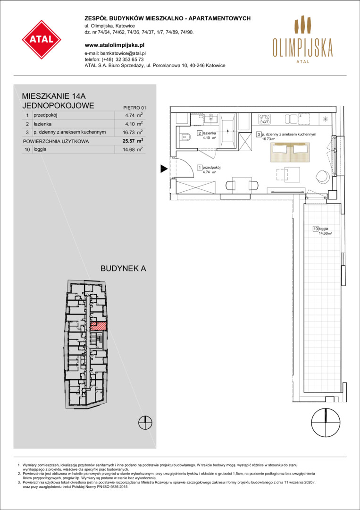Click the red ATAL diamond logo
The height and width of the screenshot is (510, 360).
point(42,39)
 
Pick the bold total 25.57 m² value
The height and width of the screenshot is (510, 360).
point(134,141)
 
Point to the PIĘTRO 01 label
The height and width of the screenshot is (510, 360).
point(133,107)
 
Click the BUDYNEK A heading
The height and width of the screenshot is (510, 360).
point(124,269)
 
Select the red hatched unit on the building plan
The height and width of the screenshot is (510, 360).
point(98,326)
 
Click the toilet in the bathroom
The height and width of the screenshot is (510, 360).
point(184,138)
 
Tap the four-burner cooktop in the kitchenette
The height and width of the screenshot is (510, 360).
point(265,119)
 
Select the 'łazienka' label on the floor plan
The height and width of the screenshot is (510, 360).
point(208,133)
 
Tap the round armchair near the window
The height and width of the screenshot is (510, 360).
point(324,176)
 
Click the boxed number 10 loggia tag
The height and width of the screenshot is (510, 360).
point(315,229)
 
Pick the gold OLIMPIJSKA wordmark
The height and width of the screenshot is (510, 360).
point(302,49)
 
